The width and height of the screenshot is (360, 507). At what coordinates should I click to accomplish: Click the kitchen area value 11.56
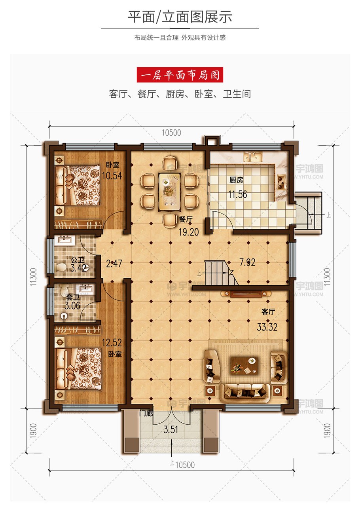[x=237, y=194]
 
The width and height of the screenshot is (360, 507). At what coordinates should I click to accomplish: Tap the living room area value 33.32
[x=267, y=327]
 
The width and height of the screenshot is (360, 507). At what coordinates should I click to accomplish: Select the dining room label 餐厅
[x=186, y=219]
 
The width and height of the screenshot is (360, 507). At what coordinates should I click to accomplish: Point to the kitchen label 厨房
[x=236, y=180]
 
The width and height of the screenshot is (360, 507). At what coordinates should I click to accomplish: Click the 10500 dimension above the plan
[x=171, y=133]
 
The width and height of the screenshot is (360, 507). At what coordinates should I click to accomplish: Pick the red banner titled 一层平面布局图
[x=180, y=75]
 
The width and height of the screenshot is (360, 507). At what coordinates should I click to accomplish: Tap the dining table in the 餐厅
[x=169, y=192]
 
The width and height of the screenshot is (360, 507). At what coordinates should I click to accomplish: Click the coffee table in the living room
[x=244, y=366]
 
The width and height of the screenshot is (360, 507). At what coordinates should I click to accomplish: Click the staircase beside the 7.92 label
[x=219, y=273]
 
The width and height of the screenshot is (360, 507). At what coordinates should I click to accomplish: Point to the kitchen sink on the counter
[x=253, y=157]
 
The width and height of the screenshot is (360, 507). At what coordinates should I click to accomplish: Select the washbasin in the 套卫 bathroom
[x=85, y=289]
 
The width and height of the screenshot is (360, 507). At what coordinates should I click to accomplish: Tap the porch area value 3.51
[x=171, y=429]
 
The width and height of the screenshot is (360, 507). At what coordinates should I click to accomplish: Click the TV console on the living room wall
[x=246, y=294]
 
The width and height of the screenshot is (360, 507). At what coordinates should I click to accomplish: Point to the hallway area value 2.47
[x=114, y=264]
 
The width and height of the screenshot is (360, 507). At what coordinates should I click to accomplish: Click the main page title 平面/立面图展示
[x=180, y=17]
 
